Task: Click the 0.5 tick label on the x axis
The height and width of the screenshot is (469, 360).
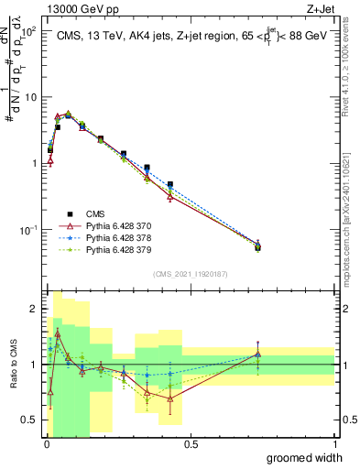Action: click(x=190, y=444)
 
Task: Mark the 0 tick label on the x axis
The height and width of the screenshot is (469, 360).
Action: click(x=46, y=444)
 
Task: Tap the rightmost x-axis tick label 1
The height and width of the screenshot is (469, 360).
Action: click(x=334, y=444)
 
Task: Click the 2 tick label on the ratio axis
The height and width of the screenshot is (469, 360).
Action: click(x=34, y=309)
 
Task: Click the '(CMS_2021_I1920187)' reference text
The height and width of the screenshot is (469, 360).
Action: click(x=191, y=272)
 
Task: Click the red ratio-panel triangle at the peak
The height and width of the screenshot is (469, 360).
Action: click(x=57, y=333)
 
